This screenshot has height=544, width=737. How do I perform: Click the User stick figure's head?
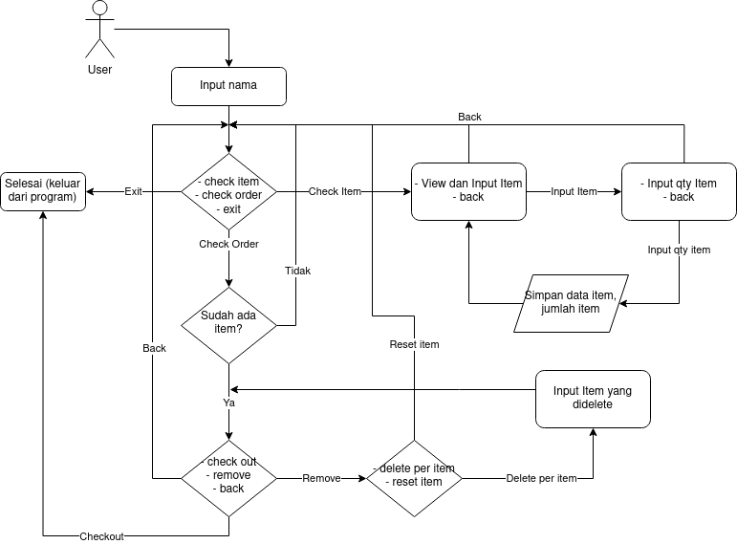tap(99, 9)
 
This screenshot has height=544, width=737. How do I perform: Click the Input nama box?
tap(228, 86)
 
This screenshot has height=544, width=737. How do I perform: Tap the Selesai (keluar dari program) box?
tap(43, 190)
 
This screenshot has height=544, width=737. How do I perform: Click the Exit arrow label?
tap(133, 191)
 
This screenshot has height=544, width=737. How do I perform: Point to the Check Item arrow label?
tap(335, 191)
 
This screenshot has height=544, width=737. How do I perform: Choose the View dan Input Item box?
tap(468, 190)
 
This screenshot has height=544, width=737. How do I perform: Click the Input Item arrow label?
tap(574, 191)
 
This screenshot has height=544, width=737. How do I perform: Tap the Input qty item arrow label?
tap(679, 250)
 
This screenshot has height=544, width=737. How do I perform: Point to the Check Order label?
tap(228, 244)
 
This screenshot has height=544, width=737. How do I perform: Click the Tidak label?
tap(297, 271)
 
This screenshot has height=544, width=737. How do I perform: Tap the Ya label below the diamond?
tap(229, 403)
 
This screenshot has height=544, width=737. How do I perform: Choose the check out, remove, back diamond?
tap(228, 475)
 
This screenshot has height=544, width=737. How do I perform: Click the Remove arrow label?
tap(321, 478)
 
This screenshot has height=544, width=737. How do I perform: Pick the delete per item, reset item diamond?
tap(414, 475)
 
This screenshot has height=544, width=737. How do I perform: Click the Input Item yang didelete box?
tap(593, 398)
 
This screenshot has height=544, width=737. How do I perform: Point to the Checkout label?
tap(102, 536)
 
